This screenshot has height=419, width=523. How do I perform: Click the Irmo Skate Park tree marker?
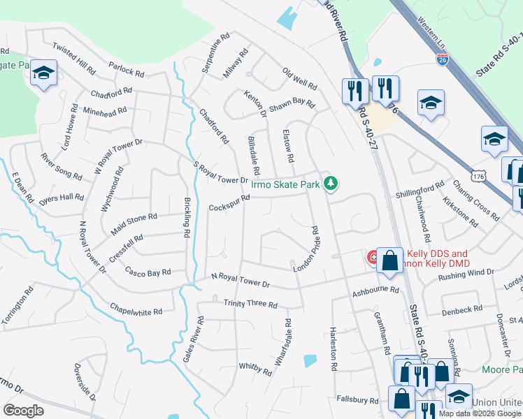pos(331,184)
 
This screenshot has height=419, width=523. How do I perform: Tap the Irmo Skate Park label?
pos(285,184)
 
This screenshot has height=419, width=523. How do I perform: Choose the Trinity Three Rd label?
pos(250,304)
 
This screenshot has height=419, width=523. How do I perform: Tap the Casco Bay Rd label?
pos(148,271)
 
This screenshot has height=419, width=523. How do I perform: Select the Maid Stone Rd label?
pos(134,223)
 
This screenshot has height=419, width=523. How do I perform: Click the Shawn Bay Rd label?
pos(292,103)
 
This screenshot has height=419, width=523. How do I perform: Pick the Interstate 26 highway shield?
pos(443,61)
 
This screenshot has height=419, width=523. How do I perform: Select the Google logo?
pos(24,411)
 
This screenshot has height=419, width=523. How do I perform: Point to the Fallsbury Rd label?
pos(357,400)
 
